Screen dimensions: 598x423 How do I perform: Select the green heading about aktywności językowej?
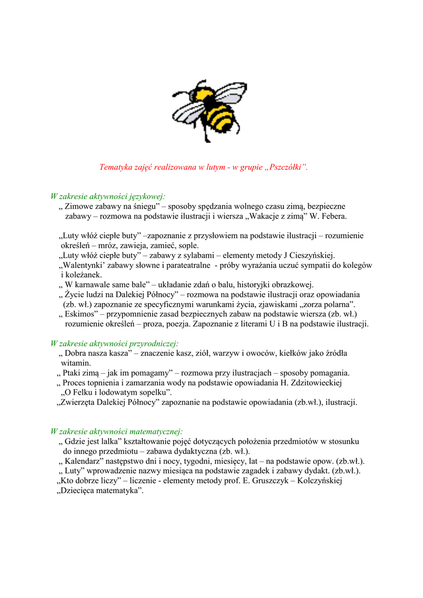[x=108, y=196]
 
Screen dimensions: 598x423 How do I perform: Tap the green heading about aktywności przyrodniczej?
[x=115, y=343]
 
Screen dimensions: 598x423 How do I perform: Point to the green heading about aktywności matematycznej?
[x=117, y=432]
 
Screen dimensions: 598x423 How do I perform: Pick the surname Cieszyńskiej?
[x=311, y=255]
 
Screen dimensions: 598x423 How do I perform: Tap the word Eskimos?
[x=81, y=314]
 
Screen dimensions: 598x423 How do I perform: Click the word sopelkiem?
[x=151, y=392]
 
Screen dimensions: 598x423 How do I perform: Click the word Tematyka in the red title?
[x=117, y=168]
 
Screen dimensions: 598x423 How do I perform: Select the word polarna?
[x=337, y=304]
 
